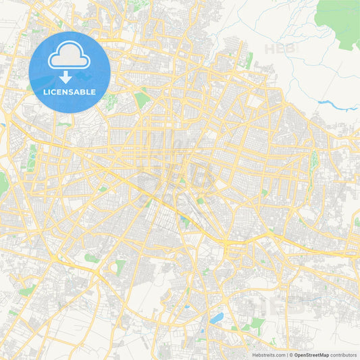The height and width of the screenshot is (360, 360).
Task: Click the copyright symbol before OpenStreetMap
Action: [291, 355]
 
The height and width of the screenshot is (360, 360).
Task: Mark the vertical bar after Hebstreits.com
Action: [286, 355]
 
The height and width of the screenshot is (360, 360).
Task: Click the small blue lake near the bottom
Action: [216, 317]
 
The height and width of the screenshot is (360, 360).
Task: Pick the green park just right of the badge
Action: [141, 100]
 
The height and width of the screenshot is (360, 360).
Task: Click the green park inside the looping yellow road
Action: [120, 266]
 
